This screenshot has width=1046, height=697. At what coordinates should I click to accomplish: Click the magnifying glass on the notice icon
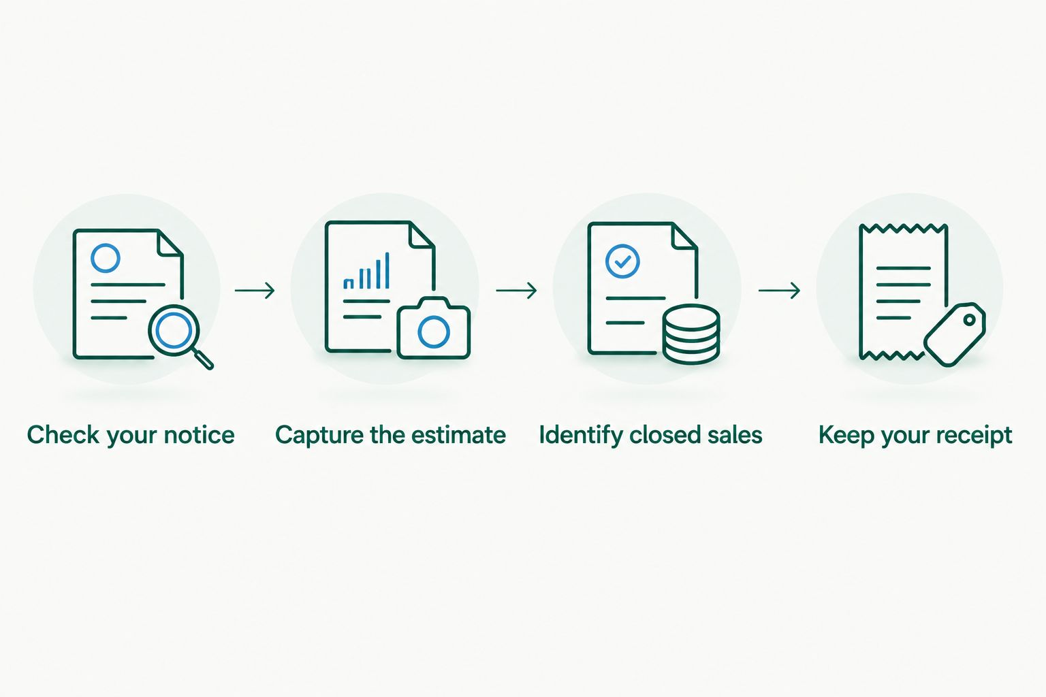coord(174,330)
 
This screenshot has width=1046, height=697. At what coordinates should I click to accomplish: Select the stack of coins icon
coord(691,334)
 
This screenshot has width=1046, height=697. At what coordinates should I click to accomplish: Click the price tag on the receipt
coord(955,334)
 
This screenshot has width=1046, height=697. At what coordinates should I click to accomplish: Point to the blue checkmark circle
coord(622,261)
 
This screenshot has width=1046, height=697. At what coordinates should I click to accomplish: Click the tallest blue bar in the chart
coord(387,270)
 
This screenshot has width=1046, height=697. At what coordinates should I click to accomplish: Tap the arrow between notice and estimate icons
coord(255,291)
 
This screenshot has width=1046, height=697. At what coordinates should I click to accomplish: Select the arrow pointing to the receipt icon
coord(779,291)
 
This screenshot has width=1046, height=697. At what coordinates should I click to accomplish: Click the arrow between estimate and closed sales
coord(516,291)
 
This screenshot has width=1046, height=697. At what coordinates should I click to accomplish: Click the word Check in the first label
coord(63,435)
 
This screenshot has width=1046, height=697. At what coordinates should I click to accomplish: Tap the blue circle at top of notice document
coord(106,258)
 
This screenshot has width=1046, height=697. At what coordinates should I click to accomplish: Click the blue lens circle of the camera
coord(434,332)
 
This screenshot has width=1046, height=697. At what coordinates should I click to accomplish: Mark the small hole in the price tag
coord(970,320)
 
